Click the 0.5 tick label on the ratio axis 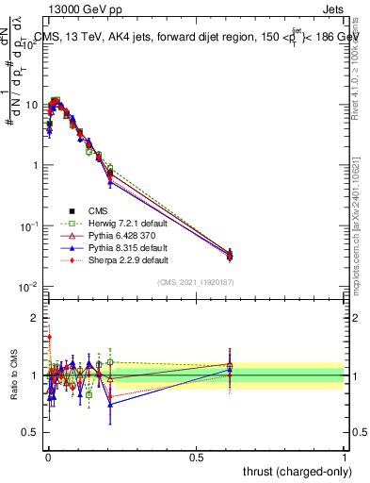(x=30, y=434)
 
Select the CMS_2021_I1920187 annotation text (x=195, y=283)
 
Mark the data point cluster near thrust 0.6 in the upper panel (x=230, y=254)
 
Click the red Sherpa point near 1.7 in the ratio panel (x=49, y=336)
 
